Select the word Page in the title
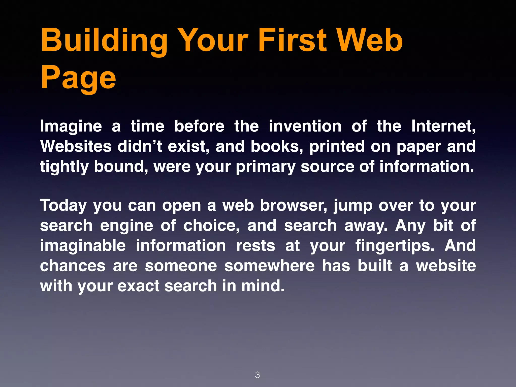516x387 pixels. [x=78, y=78]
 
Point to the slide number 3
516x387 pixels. [x=257, y=375]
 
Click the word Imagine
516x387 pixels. [x=71, y=126]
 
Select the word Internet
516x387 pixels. [x=443, y=126]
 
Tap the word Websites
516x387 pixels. [x=76, y=146]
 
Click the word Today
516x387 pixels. [x=63, y=205]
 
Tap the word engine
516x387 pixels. [x=126, y=226]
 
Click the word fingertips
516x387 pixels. [x=395, y=246]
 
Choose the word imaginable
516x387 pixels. [x=83, y=246]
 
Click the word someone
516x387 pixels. [x=181, y=266]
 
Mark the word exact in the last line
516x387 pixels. [x=138, y=286]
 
